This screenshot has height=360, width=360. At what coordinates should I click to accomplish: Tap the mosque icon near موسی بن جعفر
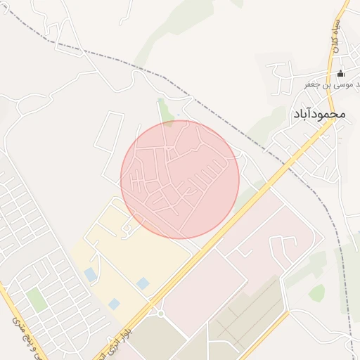pos(341,73)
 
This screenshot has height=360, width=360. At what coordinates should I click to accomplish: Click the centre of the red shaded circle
pos(180,179)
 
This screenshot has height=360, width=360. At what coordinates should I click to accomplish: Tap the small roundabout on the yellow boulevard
pos(160,313)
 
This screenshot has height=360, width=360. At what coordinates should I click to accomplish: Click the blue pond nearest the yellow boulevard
pos(143,283)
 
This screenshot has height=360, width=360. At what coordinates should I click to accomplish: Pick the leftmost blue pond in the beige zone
pos(91,274)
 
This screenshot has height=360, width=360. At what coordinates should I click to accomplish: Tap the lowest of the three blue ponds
pos(114,304)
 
